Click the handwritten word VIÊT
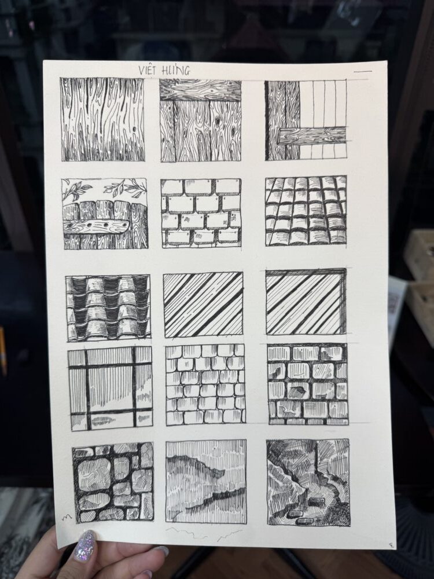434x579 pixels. click(148, 70)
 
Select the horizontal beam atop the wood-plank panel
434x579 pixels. click(200, 90)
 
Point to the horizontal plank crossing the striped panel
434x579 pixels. click(312, 135)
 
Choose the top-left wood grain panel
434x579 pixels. click(102, 119)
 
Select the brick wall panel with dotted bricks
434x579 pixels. click(201, 212)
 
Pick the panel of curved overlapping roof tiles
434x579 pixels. click(109, 307)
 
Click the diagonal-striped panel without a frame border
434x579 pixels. click(203, 305)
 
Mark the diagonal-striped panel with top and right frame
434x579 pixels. click(306, 302)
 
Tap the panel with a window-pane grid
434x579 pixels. click(111, 388)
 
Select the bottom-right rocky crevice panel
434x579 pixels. click(308, 482)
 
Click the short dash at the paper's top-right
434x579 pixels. click(362, 71)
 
